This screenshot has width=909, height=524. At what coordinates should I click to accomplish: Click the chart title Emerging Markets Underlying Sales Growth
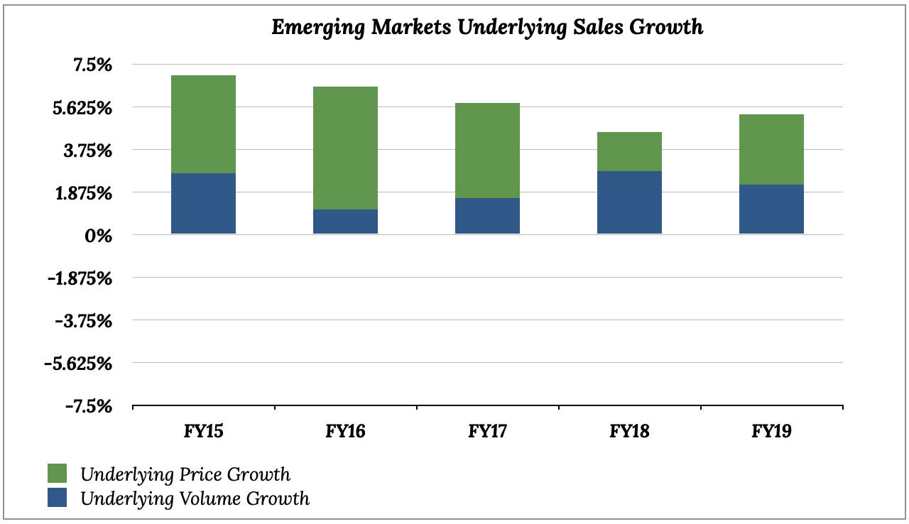488,28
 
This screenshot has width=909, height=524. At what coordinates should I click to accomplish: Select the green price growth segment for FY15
204,124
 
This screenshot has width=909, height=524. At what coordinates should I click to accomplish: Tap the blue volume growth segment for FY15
204,204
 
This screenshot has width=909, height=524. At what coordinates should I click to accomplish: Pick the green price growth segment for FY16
346,148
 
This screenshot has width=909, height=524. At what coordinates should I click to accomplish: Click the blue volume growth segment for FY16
346,222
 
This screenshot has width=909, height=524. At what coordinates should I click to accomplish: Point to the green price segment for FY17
488,151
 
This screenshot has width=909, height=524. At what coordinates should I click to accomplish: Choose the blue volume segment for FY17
488,216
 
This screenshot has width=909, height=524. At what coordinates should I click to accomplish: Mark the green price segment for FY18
630,152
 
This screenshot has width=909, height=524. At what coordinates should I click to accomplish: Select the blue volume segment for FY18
630,202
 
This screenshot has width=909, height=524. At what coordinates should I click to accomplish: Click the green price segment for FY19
772,150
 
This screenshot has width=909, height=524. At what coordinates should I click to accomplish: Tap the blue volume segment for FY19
772,209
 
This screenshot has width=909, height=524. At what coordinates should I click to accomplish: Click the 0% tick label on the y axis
98,236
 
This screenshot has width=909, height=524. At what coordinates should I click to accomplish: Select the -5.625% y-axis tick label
80,364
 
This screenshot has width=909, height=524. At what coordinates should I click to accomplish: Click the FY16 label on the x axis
346,431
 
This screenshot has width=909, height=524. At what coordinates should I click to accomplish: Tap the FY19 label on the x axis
772,431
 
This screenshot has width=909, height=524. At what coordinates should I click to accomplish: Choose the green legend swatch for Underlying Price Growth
57,474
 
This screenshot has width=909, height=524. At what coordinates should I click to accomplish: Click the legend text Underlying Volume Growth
195,498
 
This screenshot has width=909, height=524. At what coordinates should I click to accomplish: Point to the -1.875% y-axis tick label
80,278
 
